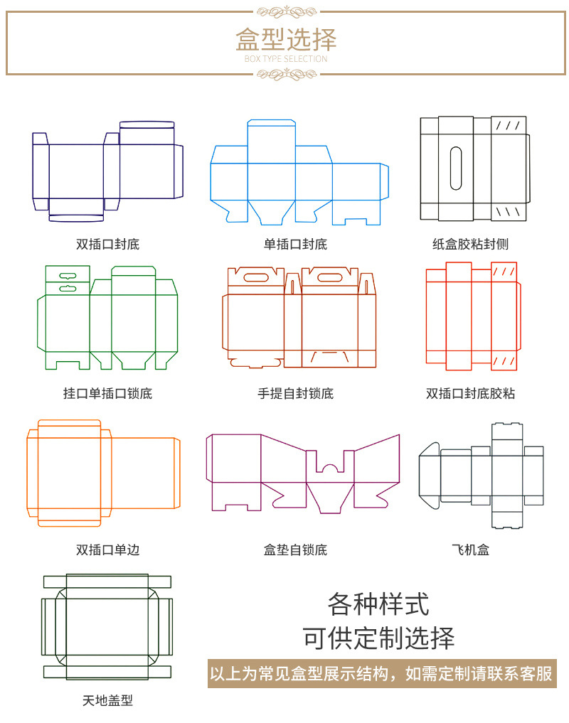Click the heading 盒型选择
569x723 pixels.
click(x=286, y=39)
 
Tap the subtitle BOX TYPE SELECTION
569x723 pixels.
click(x=286, y=59)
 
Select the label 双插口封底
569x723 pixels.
click(x=107, y=245)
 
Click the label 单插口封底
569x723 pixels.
click(x=295, y=245)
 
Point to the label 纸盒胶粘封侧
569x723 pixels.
click(x=471, y=245)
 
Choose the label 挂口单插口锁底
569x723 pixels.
click(x=107, y=393)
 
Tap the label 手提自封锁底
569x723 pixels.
click(x=295, y=393)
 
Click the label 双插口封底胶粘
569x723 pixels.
click(x=471, y=393)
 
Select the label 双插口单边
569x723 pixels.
click(x=107, y=550)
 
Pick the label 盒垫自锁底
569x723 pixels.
click(x=295, y=550)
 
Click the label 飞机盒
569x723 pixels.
click(x=471, y=550)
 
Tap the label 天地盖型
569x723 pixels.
click(x=107, y=700)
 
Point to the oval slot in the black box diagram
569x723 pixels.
click(x=456, y=168)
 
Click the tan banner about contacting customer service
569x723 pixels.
click(x=381, y=673)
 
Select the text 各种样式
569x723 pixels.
click(x=378, y=605)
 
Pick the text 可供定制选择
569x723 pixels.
click(x=378, y=637)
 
